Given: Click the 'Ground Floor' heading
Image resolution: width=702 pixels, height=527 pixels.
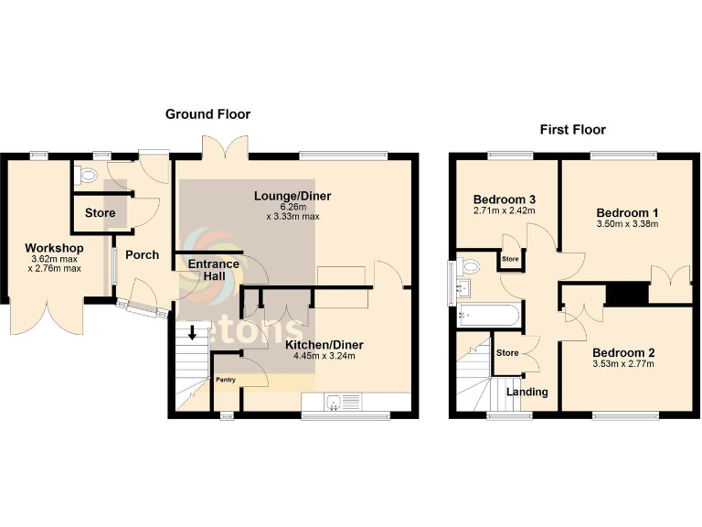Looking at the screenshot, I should click(207, 114).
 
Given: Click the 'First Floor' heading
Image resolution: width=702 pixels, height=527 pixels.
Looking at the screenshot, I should click(572, 130).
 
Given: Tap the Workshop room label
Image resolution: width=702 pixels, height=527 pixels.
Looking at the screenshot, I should click(54, 249).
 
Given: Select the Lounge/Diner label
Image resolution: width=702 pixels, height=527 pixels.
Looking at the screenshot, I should click(292, 196).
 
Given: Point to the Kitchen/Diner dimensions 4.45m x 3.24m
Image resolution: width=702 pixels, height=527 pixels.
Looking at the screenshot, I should click(324, 357).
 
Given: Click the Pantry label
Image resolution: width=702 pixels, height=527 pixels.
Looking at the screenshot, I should click(226, 379).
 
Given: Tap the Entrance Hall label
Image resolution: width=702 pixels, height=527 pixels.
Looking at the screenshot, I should click(213, 271).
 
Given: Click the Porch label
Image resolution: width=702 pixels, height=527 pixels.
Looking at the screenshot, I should click(142, 255).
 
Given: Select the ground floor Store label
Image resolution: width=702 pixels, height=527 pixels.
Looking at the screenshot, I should click(101, 213).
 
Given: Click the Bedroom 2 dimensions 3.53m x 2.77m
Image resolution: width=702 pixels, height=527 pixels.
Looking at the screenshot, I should click(622, 364).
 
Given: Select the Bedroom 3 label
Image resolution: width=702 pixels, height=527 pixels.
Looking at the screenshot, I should click(504, 199).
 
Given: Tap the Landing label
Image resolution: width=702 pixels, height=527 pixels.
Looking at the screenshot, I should click(527, 392).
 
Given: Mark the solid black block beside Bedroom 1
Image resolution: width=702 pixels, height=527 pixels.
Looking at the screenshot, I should click(626, 295).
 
